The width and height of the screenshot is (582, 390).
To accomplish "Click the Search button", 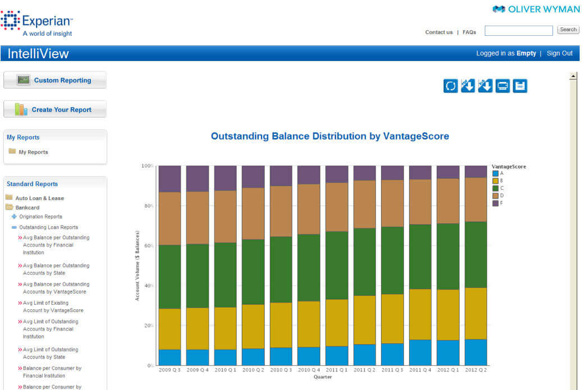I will click(568, 30).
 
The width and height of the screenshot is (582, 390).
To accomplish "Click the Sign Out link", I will click(560, 53).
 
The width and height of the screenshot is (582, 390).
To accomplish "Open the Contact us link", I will click(438, 32).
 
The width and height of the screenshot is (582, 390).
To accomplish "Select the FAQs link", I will click(469, 32).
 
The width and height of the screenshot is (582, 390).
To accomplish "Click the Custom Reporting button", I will click(55, 80).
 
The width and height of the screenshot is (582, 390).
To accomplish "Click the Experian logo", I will click(37, 24).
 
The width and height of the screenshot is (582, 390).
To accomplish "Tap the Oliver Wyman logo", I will click(536, 9).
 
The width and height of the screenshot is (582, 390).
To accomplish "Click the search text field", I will click(519, 30).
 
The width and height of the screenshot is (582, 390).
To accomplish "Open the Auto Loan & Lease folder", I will click(39, 198).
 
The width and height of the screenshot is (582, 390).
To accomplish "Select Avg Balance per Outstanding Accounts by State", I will click(56, 269).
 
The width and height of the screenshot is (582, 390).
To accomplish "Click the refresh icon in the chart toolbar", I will click(451, 86).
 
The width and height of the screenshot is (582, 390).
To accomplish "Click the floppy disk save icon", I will click(520, 86).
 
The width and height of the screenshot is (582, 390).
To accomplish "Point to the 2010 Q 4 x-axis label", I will click(308, 371).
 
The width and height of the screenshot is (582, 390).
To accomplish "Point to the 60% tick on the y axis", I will click(147, 246).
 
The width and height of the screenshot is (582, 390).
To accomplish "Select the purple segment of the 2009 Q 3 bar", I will click(169, 179).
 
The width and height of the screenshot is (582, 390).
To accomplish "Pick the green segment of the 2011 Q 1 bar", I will click(336, 265).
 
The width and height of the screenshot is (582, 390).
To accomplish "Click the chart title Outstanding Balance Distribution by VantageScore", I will click(329, 136).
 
